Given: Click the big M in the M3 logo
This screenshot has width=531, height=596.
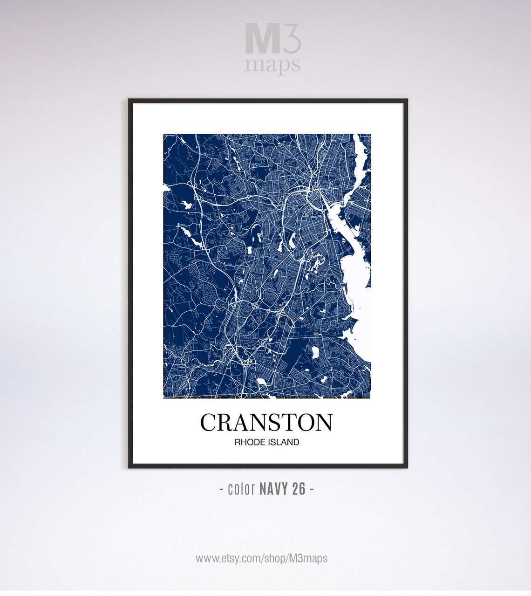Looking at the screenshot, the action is (261, 42).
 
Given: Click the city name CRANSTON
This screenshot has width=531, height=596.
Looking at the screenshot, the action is (266, 422).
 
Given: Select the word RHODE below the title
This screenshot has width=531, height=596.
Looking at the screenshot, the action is (249, 442).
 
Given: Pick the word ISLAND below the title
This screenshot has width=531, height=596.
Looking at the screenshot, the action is (283, 442).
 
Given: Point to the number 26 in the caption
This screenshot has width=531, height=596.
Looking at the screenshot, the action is (300, 489).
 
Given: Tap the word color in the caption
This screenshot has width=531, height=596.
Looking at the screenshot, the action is (241, 489).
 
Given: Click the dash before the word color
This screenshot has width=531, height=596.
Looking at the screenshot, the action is (221, 489).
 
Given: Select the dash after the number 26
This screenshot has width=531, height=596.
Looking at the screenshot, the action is (312, 489).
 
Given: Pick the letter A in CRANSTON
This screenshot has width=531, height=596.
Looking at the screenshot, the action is (238, 422).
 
